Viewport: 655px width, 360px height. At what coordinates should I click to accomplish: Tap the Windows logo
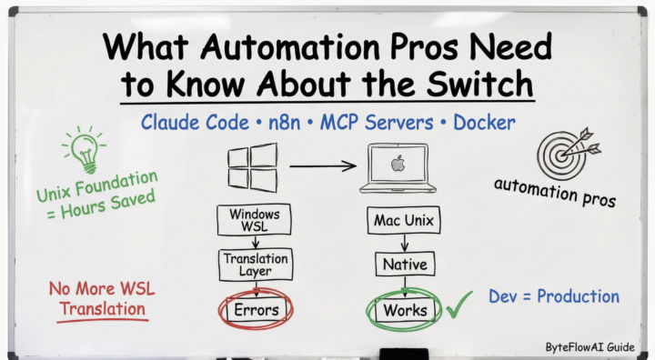pyautogui.click(x=252, y=167)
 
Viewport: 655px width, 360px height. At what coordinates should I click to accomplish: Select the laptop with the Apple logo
pyautogui.click(x=397, y=170)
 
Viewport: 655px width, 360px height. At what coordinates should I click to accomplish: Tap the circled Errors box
pyautogui.click(x=255, y=310)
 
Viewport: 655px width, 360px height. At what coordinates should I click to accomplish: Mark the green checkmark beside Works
pyautogui.click(x=458, y=305)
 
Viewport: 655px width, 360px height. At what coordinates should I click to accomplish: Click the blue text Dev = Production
pyautogui.click(x=554, y=296)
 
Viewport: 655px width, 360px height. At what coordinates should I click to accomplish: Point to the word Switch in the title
pyautogui.click(x=478, y=83)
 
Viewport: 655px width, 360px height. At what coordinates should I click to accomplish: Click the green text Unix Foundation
pyautogui.click(x=97, y=185)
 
